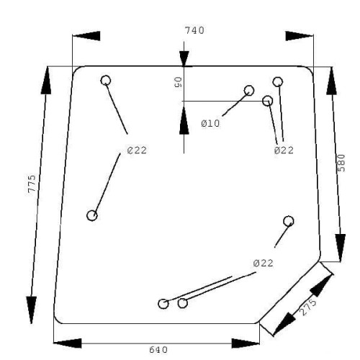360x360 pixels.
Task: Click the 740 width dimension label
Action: coord(194,30)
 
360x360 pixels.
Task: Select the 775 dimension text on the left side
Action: coord(32,184)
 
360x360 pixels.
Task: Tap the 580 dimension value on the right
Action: coord(341,163)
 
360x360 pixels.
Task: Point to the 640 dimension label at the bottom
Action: coord(158,350)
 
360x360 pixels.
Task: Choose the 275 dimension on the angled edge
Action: coord(308,307)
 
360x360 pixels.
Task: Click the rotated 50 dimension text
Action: coord(178,82)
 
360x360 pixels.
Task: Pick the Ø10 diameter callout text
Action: coord(210,123)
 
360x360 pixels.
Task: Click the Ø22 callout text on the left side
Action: coord(137,150)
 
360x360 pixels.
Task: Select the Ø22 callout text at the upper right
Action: coord(284,150)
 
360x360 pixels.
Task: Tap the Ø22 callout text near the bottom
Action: coord(263,264)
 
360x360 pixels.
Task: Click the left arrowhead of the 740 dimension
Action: coord(86,36)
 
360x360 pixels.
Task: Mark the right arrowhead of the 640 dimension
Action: coord(246,343)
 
